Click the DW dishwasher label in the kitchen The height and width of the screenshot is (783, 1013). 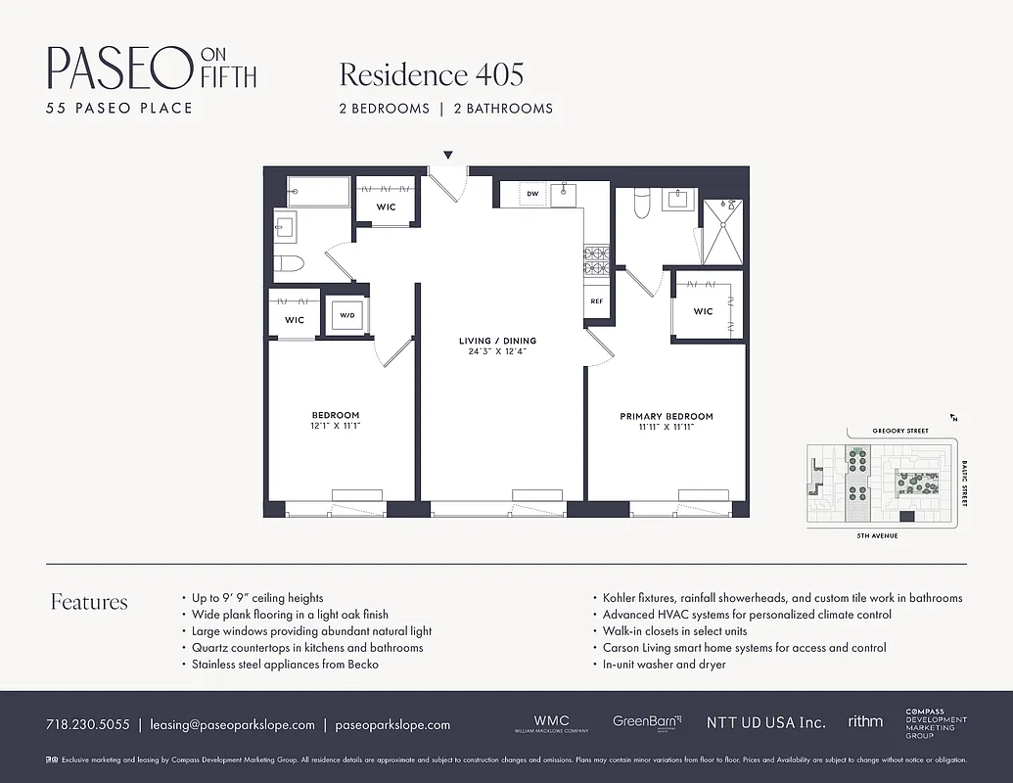[x=533, y=194]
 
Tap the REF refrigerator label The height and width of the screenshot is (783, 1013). [x=596, y=301]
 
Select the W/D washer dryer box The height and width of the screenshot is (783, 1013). [x=346, y=316]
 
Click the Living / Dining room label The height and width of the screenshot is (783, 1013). [x=497, y=341]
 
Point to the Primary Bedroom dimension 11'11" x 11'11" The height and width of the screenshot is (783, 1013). [x=666, y=427]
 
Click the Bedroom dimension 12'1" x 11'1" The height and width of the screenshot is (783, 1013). [x=336, y=426]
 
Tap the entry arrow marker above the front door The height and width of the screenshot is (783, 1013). [x=448, y=155]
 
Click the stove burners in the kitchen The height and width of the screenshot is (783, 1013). [x=596, y=259]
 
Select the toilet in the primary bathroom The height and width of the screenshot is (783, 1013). [x=643, y=202]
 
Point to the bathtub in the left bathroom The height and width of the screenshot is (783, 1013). [x=316, y=193]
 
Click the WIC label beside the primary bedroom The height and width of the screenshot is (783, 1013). [x=703, y=312]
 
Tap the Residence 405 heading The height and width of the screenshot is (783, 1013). [x=431, y=74]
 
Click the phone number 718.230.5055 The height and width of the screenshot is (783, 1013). [x=87, y=725]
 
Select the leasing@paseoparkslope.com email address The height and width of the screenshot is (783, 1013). [x=232, y=725]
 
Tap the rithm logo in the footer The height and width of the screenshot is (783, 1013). [x=865, y=721]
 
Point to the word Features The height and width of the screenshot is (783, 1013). [x=89, y=602]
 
